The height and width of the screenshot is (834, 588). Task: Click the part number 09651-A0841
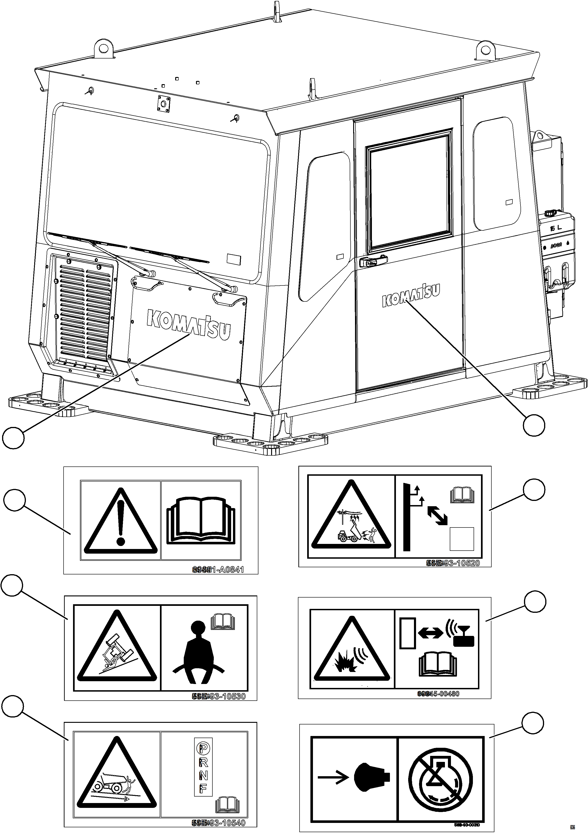(x=218, y=570)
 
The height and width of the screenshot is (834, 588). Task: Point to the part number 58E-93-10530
(x=219, y=696)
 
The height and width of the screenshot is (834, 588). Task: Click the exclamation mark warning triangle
(x=121, y=522)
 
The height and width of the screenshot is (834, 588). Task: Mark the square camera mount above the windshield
(x=164, y=104)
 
